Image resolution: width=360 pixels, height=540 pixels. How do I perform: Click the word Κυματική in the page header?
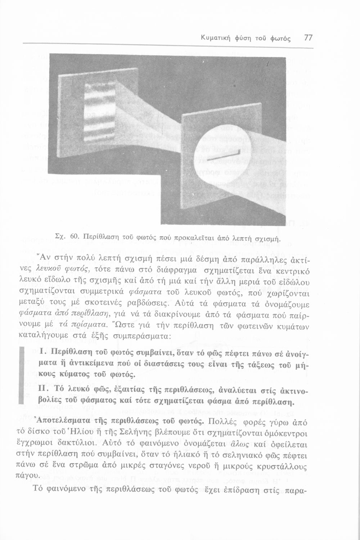click(x=215, y=38)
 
